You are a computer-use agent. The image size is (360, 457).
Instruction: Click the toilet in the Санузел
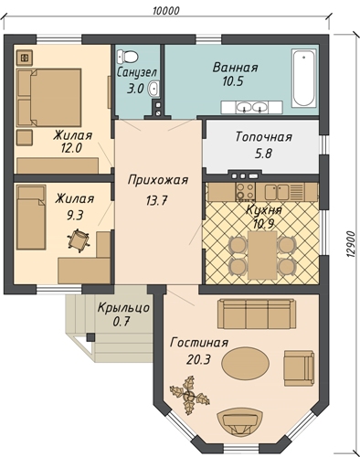[128, 57]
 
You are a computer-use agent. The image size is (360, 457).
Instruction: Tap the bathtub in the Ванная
[303, 78]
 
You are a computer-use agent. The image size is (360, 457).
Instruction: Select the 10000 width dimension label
[166, 11]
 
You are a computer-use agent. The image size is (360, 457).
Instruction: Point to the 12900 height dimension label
[351, 244]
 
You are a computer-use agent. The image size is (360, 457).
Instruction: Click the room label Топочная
[264, 137]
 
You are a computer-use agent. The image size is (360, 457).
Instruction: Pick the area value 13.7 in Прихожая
[157, 200]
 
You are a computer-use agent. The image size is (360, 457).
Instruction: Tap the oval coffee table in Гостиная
[245, 363]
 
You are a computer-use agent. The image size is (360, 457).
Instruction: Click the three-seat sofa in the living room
[257, 314]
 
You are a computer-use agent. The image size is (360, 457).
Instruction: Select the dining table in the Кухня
[262, 255]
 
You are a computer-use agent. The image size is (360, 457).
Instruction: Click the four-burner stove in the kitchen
[245, 191]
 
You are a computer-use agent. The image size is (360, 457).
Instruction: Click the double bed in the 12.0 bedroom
[49, 98]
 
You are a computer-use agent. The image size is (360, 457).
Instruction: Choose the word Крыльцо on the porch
[123, 308]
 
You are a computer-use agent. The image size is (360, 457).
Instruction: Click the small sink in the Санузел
[154, 89]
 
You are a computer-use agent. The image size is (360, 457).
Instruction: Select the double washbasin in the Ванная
[252, 107]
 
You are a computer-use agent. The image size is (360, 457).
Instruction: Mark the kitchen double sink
[277, 192]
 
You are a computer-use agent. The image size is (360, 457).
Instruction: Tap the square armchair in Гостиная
[299, 368]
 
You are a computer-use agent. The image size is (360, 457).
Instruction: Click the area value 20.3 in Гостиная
[198, 360]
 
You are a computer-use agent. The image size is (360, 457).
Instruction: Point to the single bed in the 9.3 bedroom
[31, 217]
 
